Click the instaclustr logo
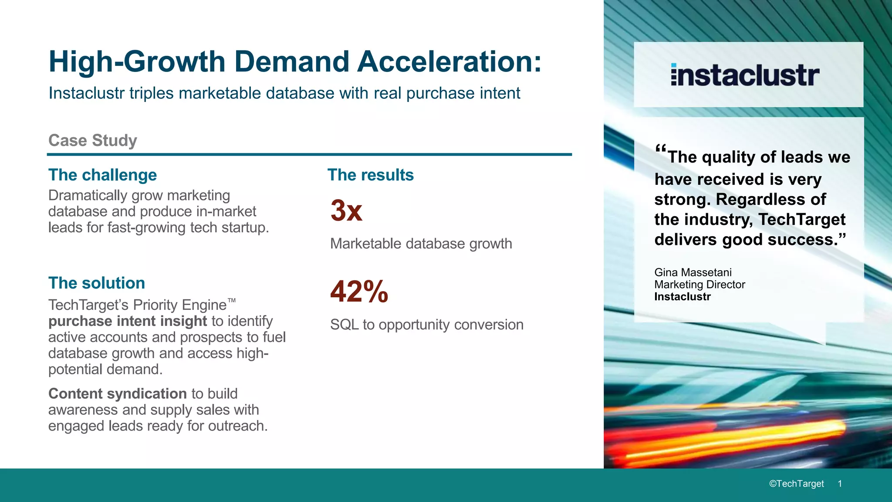(x=745, y=75)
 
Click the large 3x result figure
(x=346, y=210)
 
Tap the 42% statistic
(x=359, y=292)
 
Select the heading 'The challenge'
(x=102, y=175)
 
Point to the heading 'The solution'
(x=96, y=283)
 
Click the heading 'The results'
(x=370, y=175)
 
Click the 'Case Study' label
(x=92, y=140)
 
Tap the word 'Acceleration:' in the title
(x=449, y=61)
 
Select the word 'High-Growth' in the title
(x=137, y=61)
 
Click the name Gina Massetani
(x=693, y=272)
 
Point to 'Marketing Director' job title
(x=699, y=285)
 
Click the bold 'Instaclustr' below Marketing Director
(x=682, y=297)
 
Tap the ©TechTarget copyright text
(x=796, y=484)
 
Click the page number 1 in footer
(x=840, y=484)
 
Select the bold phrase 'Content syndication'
(x=117, y=393)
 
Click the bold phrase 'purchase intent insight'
(x=127, y=321)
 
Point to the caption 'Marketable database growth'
(x=421, y=244)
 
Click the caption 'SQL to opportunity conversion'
(x=426, y=325)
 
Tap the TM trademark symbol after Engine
(x=232, y=300)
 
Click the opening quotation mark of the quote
(x=661, y=148)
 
